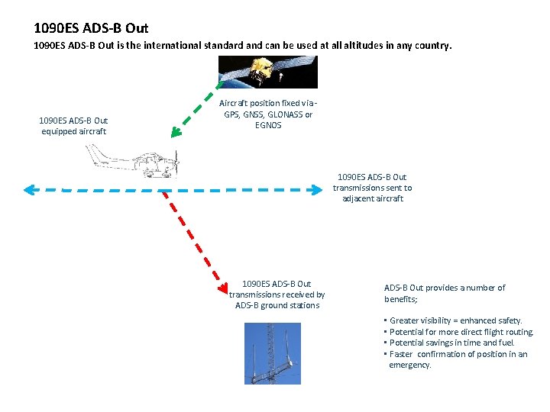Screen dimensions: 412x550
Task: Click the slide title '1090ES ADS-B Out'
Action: tap(91, 28)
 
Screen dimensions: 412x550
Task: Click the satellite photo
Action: tap(267, 72)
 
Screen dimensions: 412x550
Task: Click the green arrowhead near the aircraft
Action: tap(176, 132)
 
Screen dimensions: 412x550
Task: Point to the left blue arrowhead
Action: tap(29, 189)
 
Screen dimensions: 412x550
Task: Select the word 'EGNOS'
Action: tap(268, 125)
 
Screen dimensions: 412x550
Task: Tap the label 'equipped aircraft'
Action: tap(73, 131)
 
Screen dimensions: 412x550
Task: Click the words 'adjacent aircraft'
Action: tap(373, 198)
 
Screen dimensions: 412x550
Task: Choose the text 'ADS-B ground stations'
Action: tap(277, 305)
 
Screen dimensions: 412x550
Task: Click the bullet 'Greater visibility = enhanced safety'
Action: tap(455, 320)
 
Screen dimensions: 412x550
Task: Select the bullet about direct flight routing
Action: tap(461, 332)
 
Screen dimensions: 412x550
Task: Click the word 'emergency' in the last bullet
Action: tap(409, 365)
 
